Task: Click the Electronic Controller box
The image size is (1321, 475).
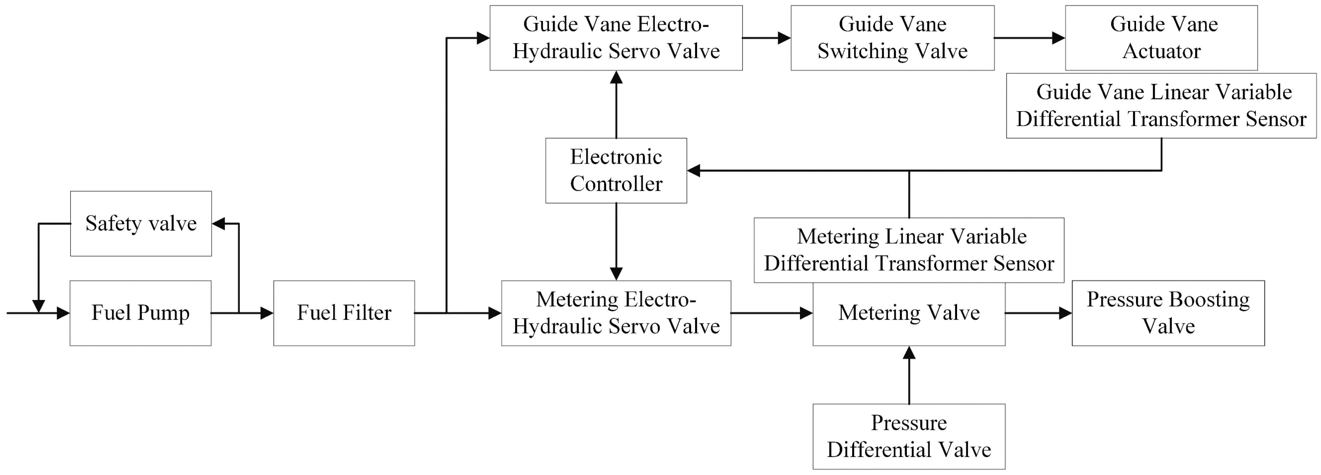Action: [x=616, y=170]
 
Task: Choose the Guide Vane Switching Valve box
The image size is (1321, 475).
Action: [x=892, y=37]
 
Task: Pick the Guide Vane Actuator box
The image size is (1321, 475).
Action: [x=1161, y=37]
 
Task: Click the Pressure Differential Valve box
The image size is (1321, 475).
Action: [x=909, y=436]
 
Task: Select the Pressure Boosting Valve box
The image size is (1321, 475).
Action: [x=1168, y=312]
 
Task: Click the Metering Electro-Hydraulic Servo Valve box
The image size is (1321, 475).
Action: [x=616, y=312]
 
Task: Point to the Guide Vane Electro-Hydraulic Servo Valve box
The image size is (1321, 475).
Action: [x=616, y=37]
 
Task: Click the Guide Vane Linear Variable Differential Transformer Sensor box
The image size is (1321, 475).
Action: [x=1161, y=105]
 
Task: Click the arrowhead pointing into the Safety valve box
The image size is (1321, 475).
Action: [x=218, y=224]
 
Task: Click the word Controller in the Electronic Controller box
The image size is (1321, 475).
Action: [x=616, y=184]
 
